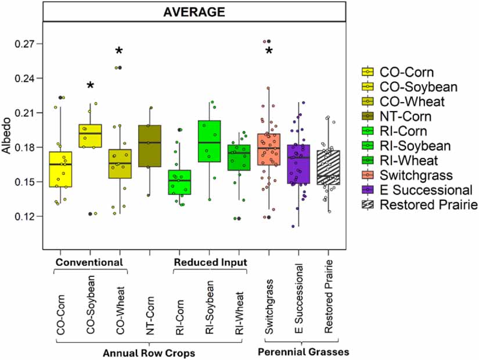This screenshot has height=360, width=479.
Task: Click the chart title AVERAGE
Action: [195, 11]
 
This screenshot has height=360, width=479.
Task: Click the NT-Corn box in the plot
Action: [150, 146]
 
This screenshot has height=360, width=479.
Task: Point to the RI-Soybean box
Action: [209, 141]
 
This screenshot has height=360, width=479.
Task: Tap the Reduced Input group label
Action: [210, 262]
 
